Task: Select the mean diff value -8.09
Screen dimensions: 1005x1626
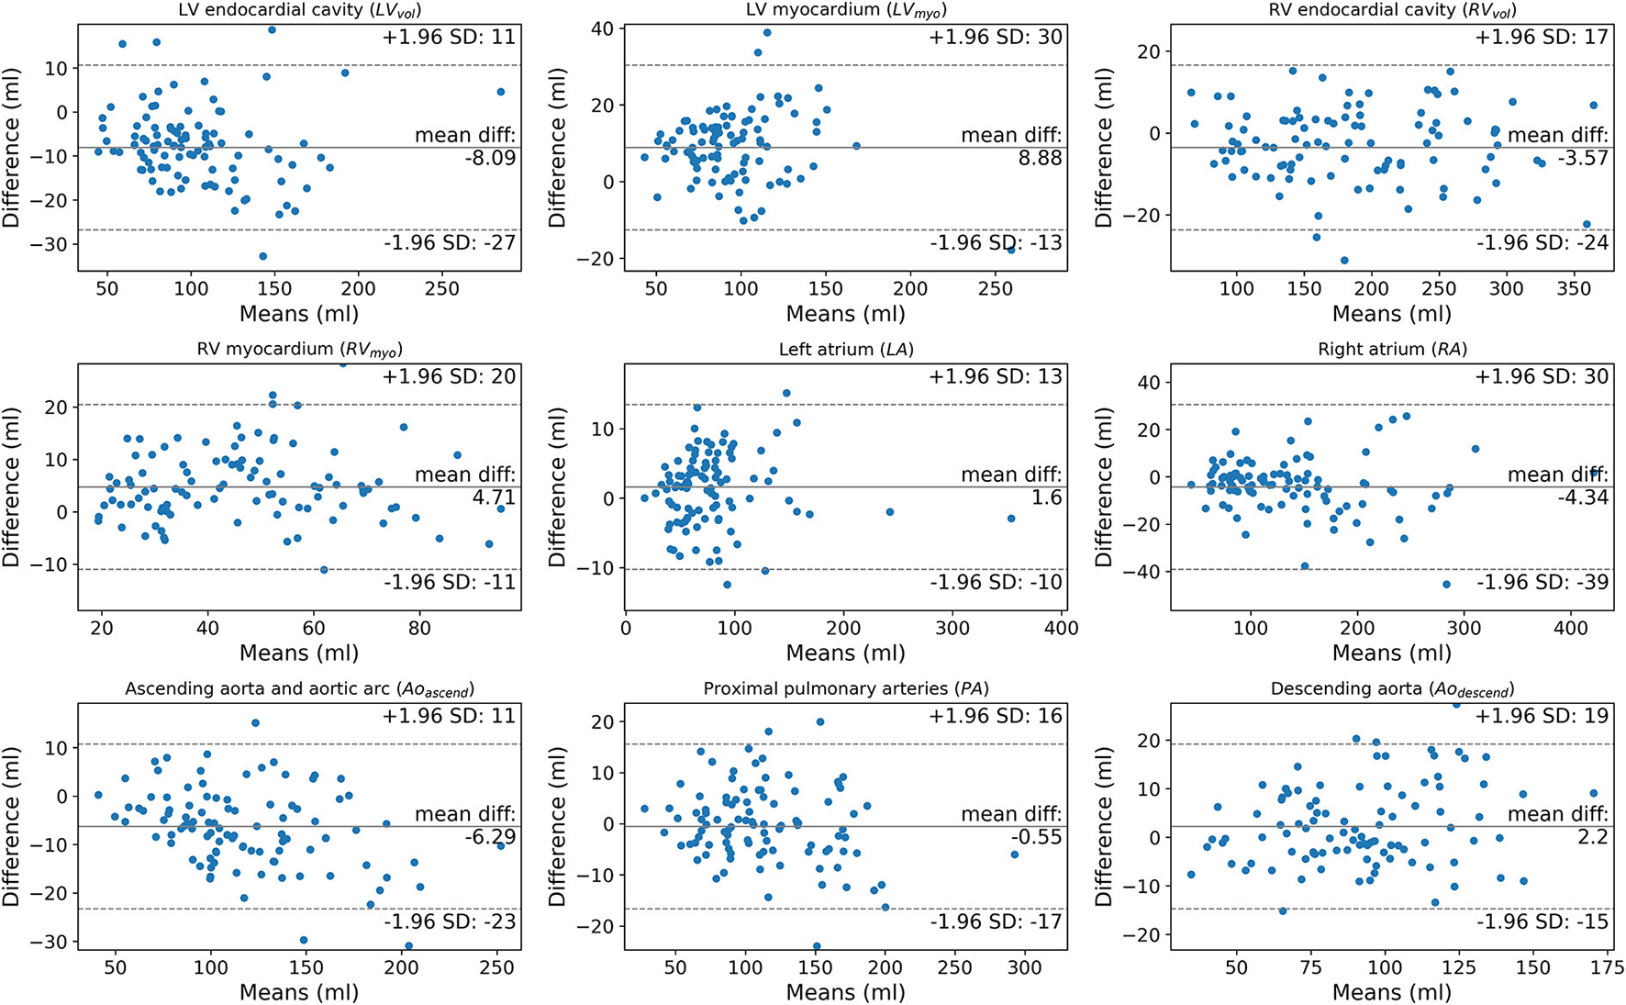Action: (490, 158)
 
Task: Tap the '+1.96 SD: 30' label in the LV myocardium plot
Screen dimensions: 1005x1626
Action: (996, 38)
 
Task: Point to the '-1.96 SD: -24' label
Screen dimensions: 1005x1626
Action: (1542, 242)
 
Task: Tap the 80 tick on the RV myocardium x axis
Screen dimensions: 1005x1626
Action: (419, 629)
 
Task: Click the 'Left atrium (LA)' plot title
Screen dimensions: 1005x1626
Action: (845, 350)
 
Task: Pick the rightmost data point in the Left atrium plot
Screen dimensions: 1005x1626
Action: (1011, 519)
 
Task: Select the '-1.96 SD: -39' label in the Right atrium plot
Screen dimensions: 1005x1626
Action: (1542, 582)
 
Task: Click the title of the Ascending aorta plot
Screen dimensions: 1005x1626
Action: (298, 689)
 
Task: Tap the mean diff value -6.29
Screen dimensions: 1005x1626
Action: (490, 837)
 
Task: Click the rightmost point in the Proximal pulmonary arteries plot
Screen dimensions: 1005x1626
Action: (1014, 854)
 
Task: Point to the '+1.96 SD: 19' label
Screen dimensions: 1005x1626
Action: (1542, 716)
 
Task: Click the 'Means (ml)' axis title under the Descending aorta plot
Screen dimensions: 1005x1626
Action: (1391, 992)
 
